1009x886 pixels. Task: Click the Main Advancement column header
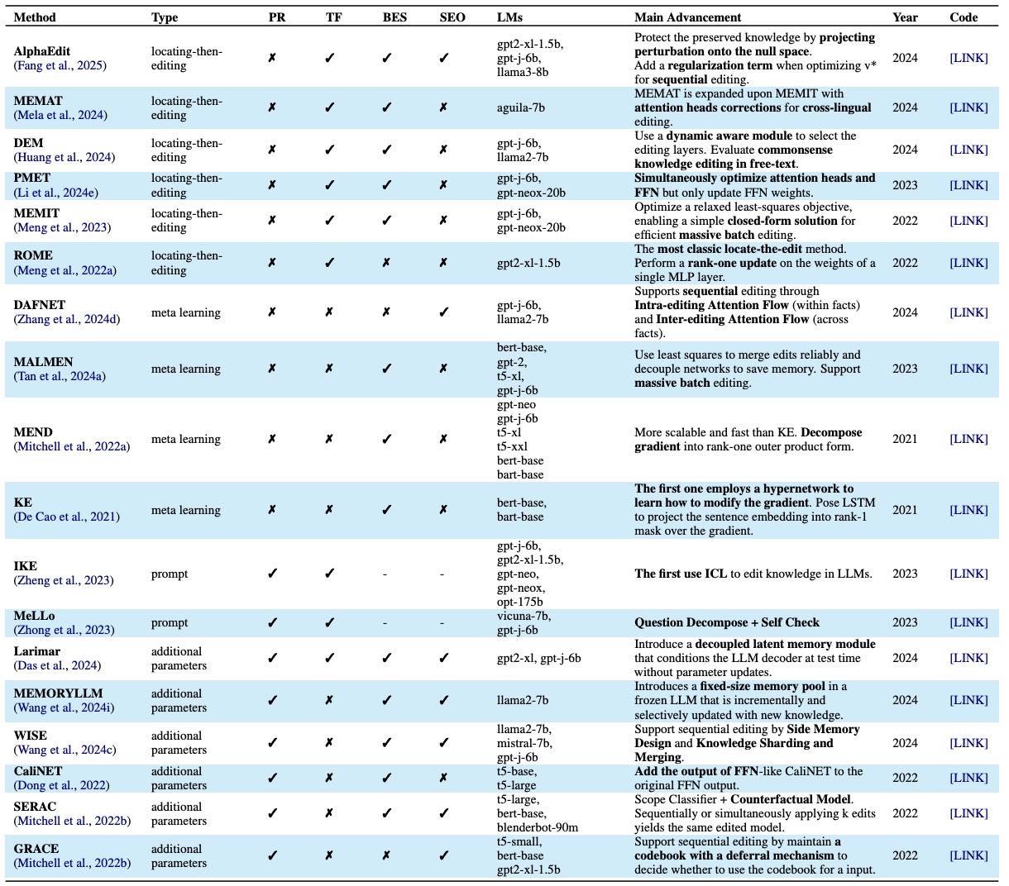click(x=687, y=17)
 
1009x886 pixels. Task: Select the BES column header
click(x=395, y=17)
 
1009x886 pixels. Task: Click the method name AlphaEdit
click(x=42, y=51)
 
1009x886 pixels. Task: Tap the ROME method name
click(x=33, y=256)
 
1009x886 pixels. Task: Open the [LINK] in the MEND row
click(x=968, y=440)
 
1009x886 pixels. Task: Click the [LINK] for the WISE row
click(x=968, y=743)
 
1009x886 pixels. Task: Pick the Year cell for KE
click(x=904, y=510)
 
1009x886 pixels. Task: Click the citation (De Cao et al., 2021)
click(x=66, y=517)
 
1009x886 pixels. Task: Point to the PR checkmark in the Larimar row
click(x=272, y=659)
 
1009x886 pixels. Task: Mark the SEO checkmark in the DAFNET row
click(x=443, y=312)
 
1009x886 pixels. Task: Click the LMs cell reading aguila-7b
click(x=520, y=107)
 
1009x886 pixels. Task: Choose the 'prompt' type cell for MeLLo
click(x=170, y=623)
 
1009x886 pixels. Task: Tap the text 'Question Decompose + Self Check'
click(x=727, y=623)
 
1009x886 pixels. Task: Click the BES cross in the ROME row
click(x=385, y=263)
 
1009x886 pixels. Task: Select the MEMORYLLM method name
click(x=59, y=693)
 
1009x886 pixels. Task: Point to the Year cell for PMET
click(x=904, y=185)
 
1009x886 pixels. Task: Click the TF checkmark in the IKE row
click(x=329, y=574)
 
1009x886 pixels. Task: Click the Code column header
click(x=964, y=17)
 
